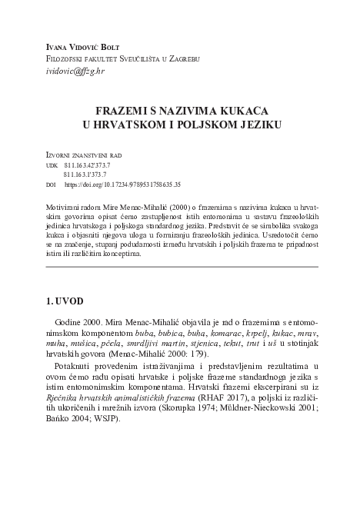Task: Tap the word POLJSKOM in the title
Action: click(207, 124)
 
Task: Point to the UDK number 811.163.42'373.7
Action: click(87, 165)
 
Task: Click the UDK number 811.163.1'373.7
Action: click(85, 175)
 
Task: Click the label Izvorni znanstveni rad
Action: click(84, 155)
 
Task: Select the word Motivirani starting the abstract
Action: click(68, 208)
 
